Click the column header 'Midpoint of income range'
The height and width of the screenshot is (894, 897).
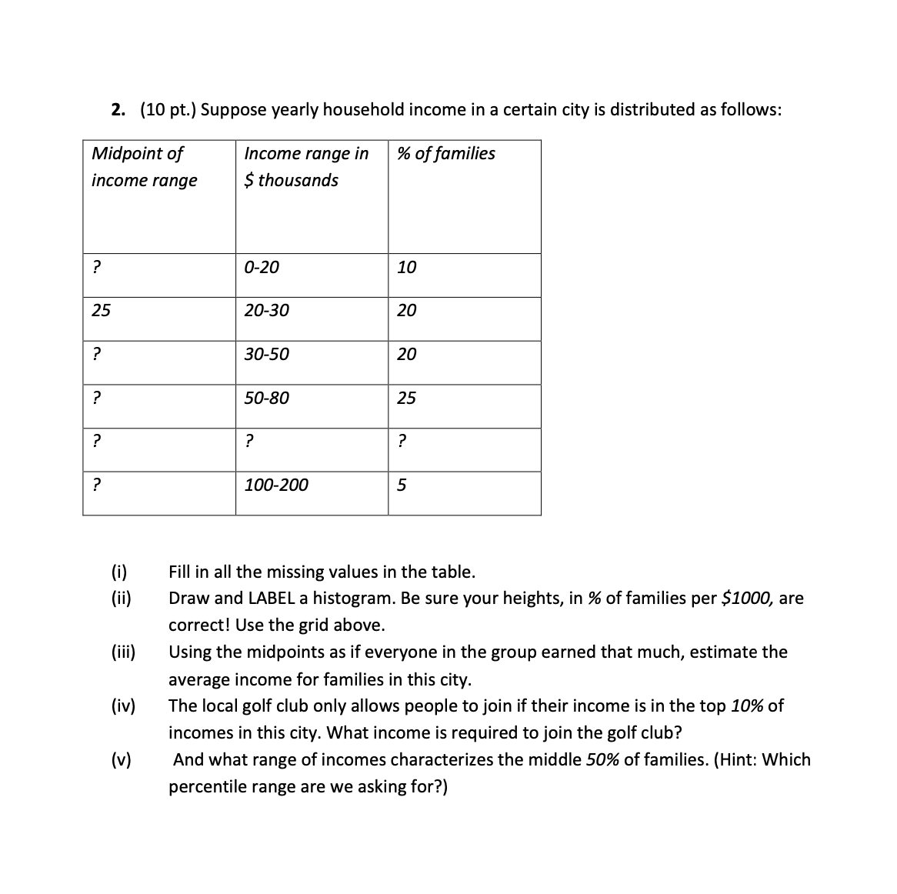click(144, 166)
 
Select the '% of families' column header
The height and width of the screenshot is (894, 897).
click(446, 153)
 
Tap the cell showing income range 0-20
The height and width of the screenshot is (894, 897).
click(262, 268)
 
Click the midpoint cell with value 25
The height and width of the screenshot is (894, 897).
click(101, 311)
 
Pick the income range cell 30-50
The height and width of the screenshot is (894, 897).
click(266, 355)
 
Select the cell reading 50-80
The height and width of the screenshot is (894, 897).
click(266, 399)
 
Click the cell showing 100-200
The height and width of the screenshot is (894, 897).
click(275, 485)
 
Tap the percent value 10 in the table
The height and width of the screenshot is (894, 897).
click(406, 268)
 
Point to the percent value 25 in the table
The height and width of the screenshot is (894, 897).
click(406, 399)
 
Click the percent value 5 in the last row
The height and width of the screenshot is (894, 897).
click(402, 485)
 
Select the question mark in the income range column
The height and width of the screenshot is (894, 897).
click(248, 442)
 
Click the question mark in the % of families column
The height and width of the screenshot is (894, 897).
click(402, 442)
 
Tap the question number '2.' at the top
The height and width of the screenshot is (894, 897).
click(118, 109)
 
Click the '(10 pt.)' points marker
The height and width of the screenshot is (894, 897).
click(168, 109)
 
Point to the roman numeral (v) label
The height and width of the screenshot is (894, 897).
click(121, 760)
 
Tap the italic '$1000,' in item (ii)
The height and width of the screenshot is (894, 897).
click(748, 599)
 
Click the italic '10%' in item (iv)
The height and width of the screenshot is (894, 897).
click(747, 706)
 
